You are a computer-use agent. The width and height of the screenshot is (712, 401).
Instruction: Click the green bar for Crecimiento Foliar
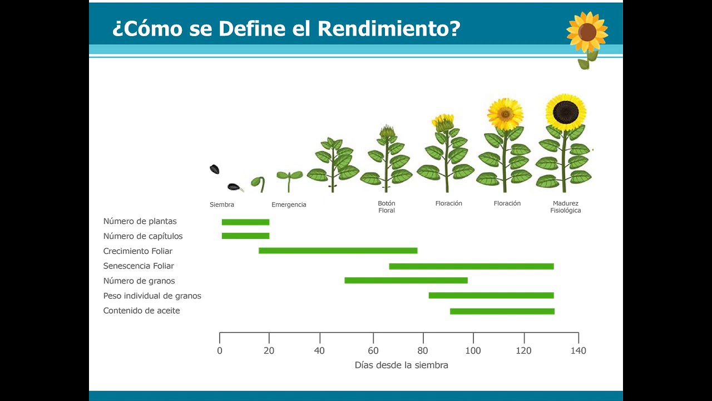pyautogui.click(x=338, y=251)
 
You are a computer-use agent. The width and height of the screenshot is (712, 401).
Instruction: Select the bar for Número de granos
pyautogui.click(x=406, y=281)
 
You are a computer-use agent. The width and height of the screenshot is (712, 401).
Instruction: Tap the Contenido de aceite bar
pyautogui.click(x=502, y=311)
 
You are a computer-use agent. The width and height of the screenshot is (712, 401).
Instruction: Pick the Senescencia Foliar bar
pyautogui.click(x=471, y=266)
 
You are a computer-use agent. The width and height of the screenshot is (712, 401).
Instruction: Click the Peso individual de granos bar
pyautogui.click(x=491, y=296)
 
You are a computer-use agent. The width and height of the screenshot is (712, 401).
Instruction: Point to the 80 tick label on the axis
pyautogui.click(x=423, y=351)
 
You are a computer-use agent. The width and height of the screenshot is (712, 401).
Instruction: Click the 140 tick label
pyautogui.click(x=578, y=351)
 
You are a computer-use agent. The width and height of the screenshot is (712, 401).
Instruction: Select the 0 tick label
pyautogui.click(x=220, y=351)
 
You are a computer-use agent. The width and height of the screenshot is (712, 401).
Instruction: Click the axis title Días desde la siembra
pyautogui.click(x=401, y=365)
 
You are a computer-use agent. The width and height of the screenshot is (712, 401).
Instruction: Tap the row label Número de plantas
pyautogui.click(x=140, y=222)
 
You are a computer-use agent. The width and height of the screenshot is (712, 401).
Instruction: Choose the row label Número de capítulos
pyautogui.click(x=142, y=236)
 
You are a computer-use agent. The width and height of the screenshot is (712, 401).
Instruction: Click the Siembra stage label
pyautogui.click(x=222, y=205)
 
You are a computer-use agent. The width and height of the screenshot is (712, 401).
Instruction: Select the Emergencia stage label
pyautogui.click(x=289, y=205)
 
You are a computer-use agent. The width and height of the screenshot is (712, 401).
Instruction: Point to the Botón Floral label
pyautogui.click(x=387, y=207)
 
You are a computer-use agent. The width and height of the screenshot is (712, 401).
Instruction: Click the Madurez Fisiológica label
pyautogui.click(x=566, y=207)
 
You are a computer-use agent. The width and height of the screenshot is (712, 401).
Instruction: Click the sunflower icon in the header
pyautogui.click(x=587, y=33)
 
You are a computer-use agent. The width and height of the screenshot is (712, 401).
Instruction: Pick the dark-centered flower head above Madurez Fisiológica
pyautogui.click(x=566, y=112)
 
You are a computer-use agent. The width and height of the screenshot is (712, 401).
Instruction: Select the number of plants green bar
pyautogui.click(x=245, y=222)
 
